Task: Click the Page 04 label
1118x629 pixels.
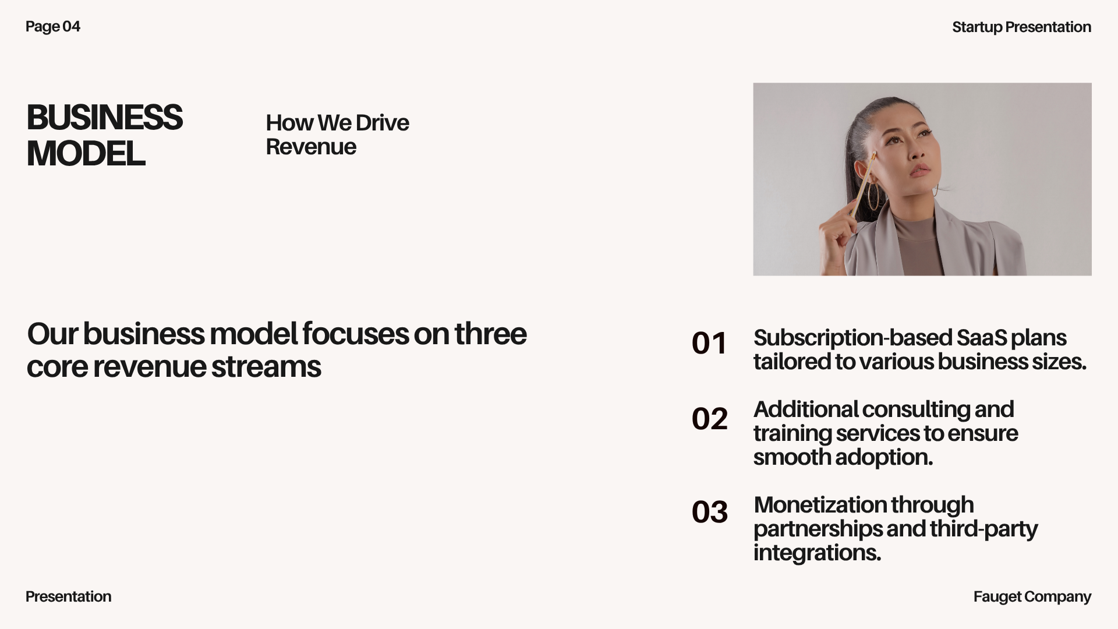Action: (x=53, y=27)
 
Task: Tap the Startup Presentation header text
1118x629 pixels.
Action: (x=1021, y=27)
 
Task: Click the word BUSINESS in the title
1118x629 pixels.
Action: (x=105, y=118)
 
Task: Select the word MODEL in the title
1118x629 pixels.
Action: (x=86, y=154)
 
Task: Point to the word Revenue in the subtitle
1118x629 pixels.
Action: (x=311, y=147)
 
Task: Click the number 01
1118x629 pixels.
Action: (x=709, y=343)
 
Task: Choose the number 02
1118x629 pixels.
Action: (x=709, y=419)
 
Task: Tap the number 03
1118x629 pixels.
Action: (x=709, y=512)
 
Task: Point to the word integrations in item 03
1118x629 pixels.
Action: (x=817, y=553)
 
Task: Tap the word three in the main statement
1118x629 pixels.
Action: (x=490, y=334)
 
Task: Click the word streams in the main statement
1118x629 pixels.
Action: (x=266, y=367)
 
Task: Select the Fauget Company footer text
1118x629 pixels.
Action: (x=1032, y=597)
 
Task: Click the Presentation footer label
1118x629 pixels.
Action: (x=69, y=597)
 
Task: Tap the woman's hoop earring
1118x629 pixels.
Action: (x=874, y=194)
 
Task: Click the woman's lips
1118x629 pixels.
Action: (x=920, y=171)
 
